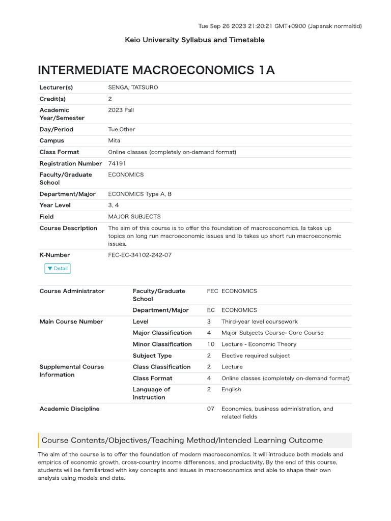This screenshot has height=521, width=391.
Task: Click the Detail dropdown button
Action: pos(57,268)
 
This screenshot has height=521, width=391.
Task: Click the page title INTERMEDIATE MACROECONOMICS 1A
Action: pos(156,70)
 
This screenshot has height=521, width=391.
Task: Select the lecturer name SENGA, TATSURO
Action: pos(133,88)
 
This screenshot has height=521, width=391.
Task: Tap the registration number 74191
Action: pos(117,163)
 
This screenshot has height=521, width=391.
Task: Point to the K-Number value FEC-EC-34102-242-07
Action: pos(140,255)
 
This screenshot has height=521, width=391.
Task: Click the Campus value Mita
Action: pos(114,140)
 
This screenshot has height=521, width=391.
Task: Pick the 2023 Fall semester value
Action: pos(121,110)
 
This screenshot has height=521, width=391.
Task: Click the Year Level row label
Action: pos(55,205)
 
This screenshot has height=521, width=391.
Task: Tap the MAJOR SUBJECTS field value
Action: pos(134,216)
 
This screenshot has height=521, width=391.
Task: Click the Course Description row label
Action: pos(68,228)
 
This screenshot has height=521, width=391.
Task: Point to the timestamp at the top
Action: pos(280,26)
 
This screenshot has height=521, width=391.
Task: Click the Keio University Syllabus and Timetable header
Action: pos(194,40)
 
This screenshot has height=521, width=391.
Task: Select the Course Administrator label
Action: pos(72,291)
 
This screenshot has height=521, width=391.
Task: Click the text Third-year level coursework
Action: pos(260,322)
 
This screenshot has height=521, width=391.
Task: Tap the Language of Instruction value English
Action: pos(231,389)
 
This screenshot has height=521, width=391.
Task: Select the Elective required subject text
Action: pos(256,356)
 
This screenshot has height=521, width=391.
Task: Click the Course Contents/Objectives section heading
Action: pos(182,440)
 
